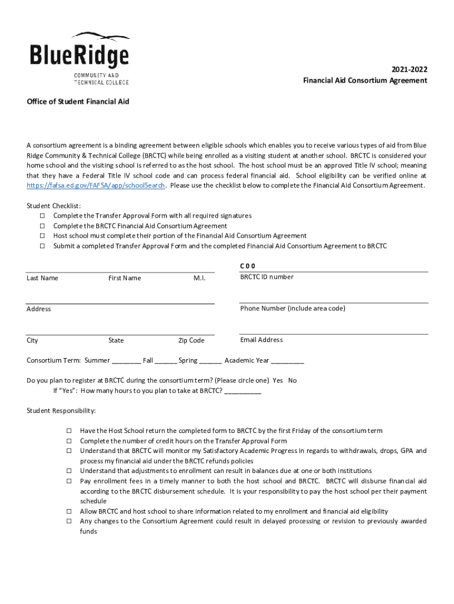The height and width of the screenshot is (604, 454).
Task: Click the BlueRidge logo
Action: pos(80,58)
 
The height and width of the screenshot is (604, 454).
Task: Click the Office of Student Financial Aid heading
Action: pos(78,101)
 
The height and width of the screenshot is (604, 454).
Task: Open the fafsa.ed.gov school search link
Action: pos(96,185)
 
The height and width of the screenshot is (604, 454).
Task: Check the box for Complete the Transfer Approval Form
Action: pos(42,216)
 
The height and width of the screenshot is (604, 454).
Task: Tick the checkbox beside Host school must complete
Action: pos(42,236)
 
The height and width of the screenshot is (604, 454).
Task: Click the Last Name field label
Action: pos(42,278)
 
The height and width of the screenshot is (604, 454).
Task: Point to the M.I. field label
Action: pos(199,278)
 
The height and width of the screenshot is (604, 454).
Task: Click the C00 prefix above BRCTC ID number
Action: pos(248,266)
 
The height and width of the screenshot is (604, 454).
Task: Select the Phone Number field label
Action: pos(292,308)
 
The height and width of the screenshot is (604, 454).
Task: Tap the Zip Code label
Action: pos(191,340)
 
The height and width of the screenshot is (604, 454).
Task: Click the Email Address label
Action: pos(261,340)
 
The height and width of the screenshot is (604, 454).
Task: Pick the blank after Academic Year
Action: pos(288,361)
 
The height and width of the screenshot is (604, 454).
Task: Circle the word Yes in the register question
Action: pos(278,380)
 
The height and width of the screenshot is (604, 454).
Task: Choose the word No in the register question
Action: pos(292,380)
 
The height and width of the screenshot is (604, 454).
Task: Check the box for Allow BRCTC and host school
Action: pos(68,512)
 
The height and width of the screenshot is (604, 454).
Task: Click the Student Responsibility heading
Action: pos(61,411)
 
